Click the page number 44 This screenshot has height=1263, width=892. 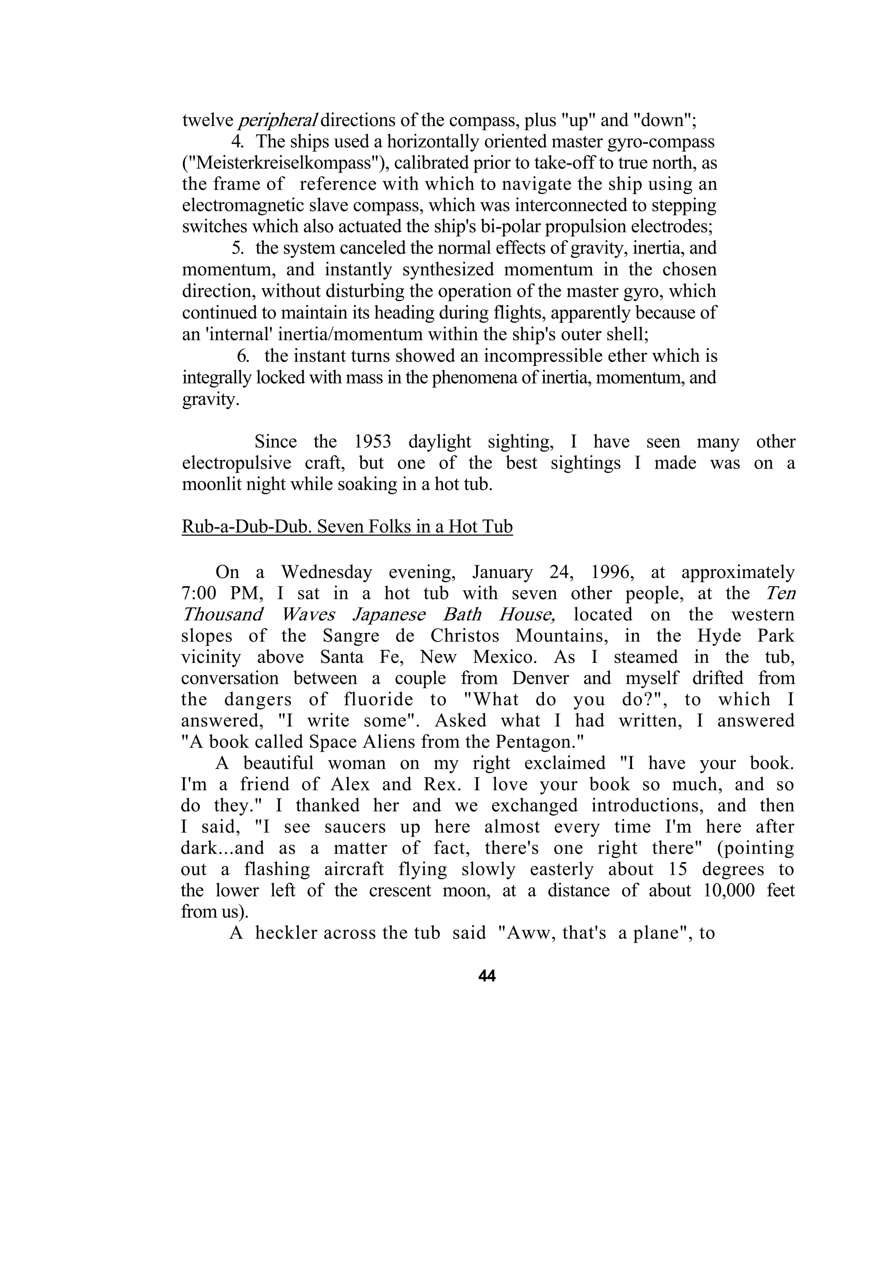pyautogui.click(x=487, y=976)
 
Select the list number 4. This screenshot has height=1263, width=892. pyautogui.click(x=237, y=142)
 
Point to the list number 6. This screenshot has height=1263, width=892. pyautogui.click(x=243, y=356)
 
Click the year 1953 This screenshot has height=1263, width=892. pyautogui.click(x=372, y=442)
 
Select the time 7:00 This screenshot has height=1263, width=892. pyautogui.click(x=199, y=594)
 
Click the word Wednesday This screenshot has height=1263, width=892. pyautogui.click(x=327, y=572)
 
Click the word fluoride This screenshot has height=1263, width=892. pyautogui.click(x=378, y=700)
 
